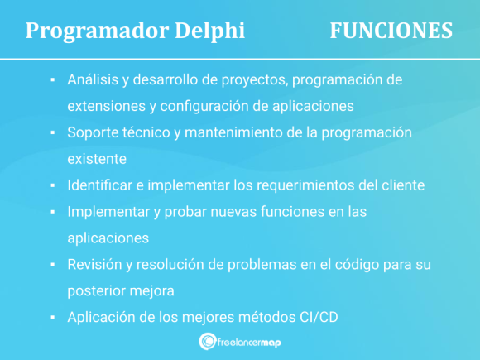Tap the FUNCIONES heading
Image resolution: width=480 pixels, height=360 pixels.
(x=391, y=31)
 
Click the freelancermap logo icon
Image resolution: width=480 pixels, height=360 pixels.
(x=208, y=341)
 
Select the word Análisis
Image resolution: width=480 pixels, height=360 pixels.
(x=93, y=79)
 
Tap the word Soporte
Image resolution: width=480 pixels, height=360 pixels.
(x=93, y=133)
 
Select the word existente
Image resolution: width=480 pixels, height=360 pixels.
(x=97, y=159)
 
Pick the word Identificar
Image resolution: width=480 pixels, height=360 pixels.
(x=99, y=185)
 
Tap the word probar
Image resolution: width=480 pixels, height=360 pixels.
(x=185, y=212)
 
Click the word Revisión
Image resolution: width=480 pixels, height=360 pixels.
(x=94, y=265)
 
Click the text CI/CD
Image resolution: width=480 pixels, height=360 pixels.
(x=319, y=318)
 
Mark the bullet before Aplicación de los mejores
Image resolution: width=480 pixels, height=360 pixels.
(x=53, y=318)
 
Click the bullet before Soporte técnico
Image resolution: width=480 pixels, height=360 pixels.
(x=53, y=133)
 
